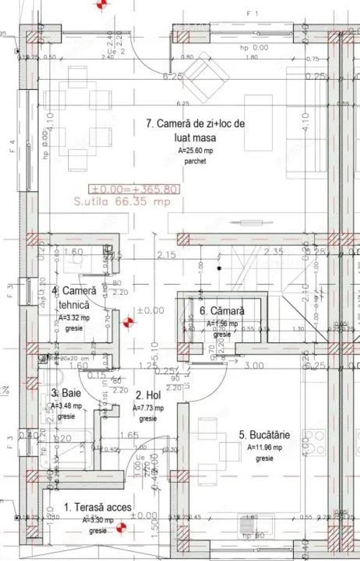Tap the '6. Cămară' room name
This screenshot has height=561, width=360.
(222, 310)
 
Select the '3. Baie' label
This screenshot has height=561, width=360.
(63, 393)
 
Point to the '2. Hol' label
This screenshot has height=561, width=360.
(149, 395)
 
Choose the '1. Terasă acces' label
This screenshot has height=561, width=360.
(98, 507)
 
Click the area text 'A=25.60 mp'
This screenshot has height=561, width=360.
(195, 151)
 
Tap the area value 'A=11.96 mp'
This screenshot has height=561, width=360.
(264, 448)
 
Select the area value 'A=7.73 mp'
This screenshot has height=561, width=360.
(148, 408)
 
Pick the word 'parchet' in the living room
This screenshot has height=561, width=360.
(195, 161)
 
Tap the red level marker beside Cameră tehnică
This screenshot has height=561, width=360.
(128, 322)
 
